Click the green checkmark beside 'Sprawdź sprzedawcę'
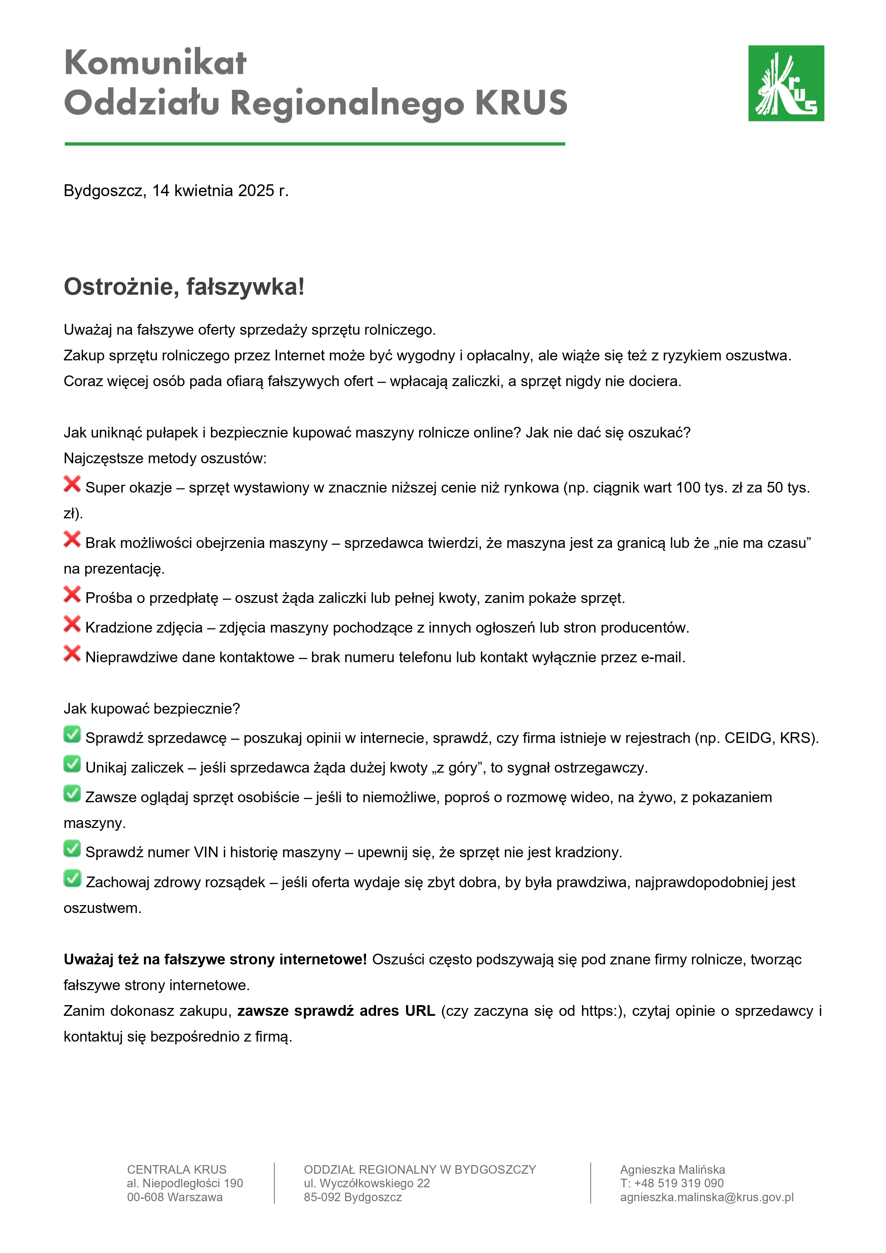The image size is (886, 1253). click(x=72, y=735)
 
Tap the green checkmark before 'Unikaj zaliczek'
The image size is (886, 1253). click(x=72, y=764)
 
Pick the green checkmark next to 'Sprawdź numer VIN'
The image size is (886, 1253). click(x=72, y=849)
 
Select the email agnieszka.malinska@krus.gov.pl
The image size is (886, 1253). click(x=706, y=1197)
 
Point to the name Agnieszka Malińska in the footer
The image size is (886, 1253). click(x=672, y=1169)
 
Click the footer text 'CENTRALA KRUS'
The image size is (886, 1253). click(x=176, y=1169)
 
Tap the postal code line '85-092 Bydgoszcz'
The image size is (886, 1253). click(x=352, y=1197)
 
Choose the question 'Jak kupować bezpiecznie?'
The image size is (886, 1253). click(x=152, y=709)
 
